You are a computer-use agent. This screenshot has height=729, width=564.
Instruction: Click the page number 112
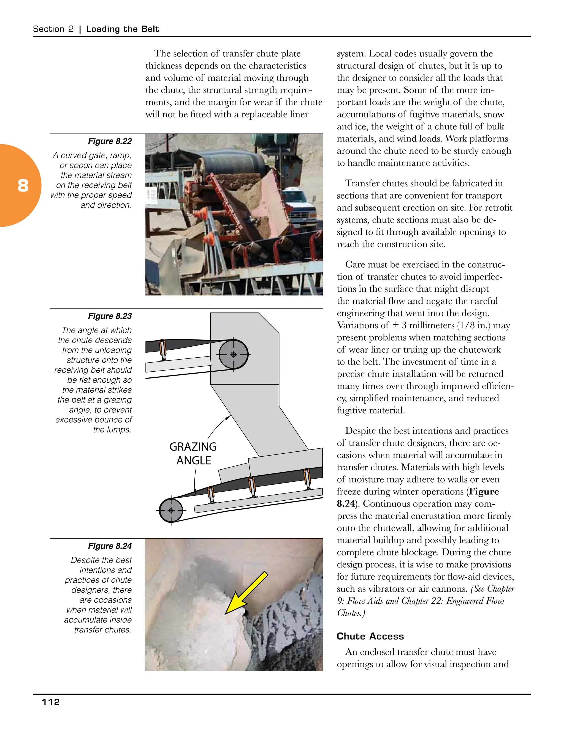(x=51, y=702)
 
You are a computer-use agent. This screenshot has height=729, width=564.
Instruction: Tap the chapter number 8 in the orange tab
(x=23, y=186)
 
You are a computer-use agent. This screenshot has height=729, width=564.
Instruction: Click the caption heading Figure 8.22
(x=110, y=141)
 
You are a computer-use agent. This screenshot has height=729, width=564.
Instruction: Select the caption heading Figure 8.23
(x=110, y=316)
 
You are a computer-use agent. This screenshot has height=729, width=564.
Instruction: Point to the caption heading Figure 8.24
(x=110, y=546)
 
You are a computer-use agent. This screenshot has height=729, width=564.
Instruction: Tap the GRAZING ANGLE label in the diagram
(x=193, y=454)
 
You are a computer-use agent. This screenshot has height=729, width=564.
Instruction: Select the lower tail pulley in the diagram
(x=171, y=510)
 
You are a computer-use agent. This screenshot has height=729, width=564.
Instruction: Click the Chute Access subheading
(x=370, y=636)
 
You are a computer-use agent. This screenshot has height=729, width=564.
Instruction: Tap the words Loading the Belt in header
(x=122, y=29)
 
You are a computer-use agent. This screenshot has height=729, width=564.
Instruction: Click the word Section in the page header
(x=49, y=29)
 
